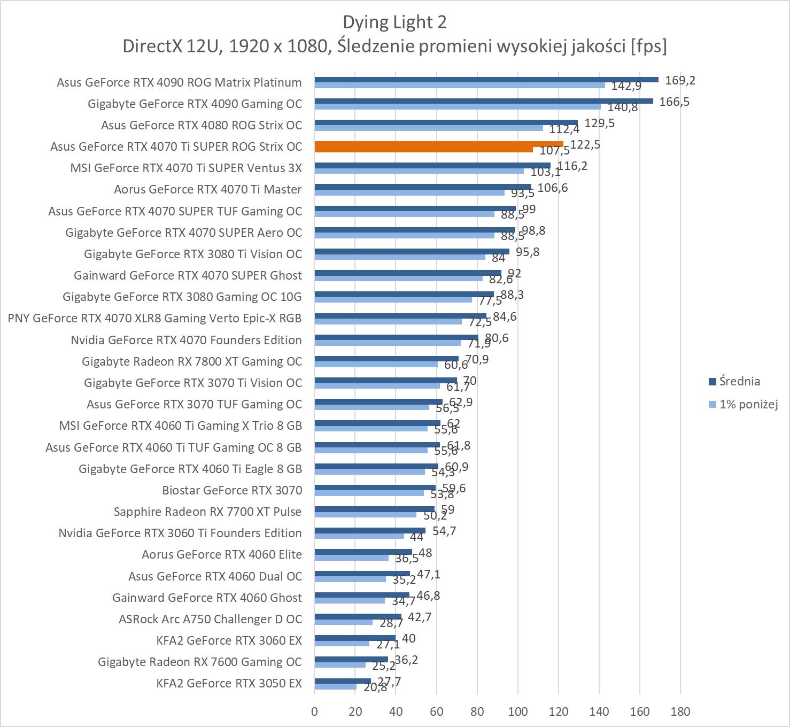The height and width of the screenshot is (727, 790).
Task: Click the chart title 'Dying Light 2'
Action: point(394,22)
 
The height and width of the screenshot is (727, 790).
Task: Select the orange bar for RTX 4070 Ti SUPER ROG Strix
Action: point(438,144)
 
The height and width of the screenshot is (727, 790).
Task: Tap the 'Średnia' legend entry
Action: point(739,381)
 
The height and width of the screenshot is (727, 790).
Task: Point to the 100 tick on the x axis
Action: point(517,711)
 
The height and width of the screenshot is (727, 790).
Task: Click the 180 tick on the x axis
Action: point(680,711)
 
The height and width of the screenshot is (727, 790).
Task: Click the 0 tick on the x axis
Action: point(314,711)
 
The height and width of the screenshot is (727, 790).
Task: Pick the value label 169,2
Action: point(680,80)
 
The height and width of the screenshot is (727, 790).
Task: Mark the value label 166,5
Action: point(675,102)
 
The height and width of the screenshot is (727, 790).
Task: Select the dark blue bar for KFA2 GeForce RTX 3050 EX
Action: point(343,680)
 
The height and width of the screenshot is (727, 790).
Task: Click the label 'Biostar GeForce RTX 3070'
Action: point(232,490)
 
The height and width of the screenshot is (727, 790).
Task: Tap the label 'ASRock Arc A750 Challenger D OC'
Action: point(210,619)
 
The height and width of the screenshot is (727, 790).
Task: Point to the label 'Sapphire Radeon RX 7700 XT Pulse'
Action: point(207,512)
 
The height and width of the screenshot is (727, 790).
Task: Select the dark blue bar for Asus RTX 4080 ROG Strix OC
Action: point(446,122)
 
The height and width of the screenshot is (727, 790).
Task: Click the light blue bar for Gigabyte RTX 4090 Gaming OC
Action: point(457,107)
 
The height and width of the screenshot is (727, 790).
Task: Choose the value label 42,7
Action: point(420,617)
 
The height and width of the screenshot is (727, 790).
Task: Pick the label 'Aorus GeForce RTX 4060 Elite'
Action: point(222,554)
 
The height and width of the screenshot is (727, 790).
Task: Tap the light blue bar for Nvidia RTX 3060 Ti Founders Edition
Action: point(359,536)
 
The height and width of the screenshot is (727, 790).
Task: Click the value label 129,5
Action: point(600,123)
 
